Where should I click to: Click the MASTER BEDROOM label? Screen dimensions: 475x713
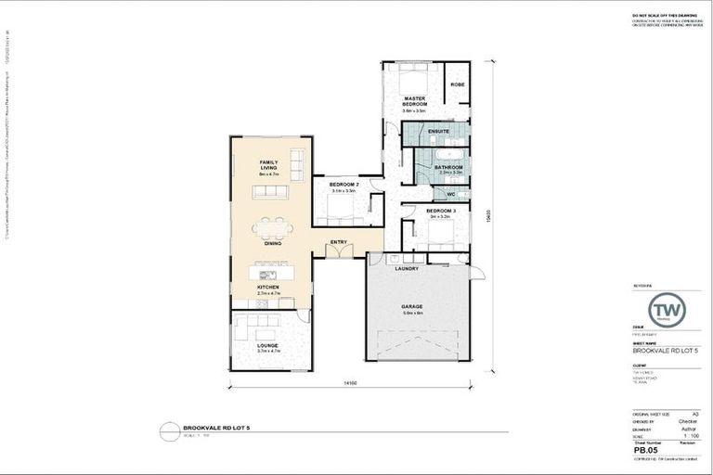point(414,100)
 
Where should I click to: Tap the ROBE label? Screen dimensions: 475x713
point(457,84)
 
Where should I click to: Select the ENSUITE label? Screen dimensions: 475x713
point(439,132)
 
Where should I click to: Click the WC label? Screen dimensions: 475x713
point(450,194)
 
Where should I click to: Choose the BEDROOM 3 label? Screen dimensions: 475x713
point(441,211)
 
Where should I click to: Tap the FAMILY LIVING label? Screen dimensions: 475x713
point(268,165)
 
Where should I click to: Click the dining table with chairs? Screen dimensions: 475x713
point(272,226)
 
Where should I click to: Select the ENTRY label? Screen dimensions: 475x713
point(339,242)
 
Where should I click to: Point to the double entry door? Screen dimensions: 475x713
point(340,252)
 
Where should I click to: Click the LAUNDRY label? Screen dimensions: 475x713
point(407,269)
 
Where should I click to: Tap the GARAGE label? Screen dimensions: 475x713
point(412,306)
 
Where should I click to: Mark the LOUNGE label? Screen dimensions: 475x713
point(267,346)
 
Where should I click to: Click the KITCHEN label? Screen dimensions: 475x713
point(268,288)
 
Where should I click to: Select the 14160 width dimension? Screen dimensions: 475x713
point(350,382)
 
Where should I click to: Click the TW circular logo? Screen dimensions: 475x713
point(666,310)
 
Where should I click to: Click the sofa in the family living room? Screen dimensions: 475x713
point(270,191)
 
